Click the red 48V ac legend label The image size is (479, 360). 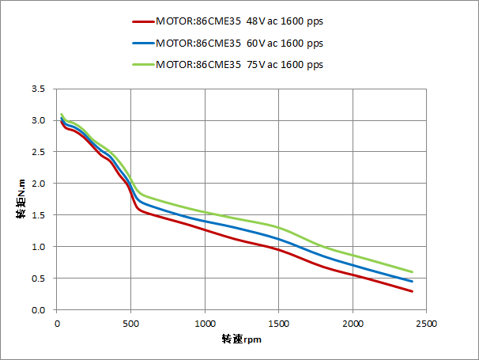[x=239, y=22]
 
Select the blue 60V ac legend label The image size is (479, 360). [x=239, y=43]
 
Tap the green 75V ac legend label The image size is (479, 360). [x=239, y=64]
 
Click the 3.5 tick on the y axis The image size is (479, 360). [x=39, y=89]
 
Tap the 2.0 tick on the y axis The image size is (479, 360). [x=39, y=184]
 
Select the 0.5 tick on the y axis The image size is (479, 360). [x=39, y=279]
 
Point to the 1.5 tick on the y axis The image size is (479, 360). [x=39, y=215]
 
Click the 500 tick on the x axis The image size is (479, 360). [x=131, y=324]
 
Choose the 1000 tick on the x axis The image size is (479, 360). [x=205, y=324]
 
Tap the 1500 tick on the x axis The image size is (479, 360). [x=279, y=324]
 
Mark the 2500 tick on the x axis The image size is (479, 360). [x=427, y=324]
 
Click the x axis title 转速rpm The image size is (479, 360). [x=241, y=339]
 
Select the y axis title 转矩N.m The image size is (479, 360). [x=22, y=199]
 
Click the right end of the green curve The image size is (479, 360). [x=412, y=272]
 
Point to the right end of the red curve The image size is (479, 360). [x=412, y=291]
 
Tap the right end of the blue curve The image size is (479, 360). [x=412, y=282]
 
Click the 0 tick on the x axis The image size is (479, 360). [x=57, y=324]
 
